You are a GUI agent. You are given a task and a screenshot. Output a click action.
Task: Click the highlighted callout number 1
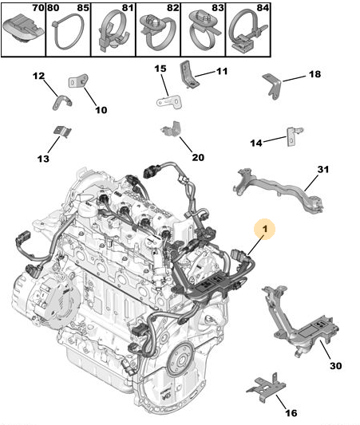pos(265,229)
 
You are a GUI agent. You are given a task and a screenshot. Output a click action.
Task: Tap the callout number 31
pos(322,169)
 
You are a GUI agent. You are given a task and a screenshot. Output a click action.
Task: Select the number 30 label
pos(335,366)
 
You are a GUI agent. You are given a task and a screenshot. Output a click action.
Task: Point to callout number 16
pos(291,413)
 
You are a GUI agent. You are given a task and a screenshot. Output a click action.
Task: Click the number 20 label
pos(198,157)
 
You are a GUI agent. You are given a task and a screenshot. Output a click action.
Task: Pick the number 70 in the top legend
pos(38,8)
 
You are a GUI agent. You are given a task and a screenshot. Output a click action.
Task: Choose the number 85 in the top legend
pos(83,8)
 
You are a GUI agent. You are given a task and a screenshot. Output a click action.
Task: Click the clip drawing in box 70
pos(23,29)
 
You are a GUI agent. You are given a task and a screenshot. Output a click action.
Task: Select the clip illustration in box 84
pos(247,33)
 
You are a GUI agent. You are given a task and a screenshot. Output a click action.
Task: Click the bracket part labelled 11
pos(189,74)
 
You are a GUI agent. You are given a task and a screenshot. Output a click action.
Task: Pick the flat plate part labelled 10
pos(79,81)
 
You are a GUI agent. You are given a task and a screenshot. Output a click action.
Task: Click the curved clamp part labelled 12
pos(61,102)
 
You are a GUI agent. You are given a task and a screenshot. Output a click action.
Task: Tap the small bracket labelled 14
pos(293,136)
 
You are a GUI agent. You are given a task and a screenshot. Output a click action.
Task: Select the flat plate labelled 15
pos(169,102)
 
